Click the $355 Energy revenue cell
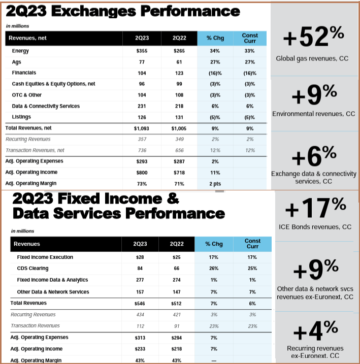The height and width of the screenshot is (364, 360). point(141,51)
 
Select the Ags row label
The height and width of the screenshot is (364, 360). point(17,62)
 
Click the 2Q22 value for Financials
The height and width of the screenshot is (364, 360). point(179,73)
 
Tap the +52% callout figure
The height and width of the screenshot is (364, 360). point(313,38)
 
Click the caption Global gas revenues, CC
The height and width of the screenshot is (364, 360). point(313,58)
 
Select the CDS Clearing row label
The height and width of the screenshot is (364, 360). point(33,269)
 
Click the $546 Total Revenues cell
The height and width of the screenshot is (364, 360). point(140,303)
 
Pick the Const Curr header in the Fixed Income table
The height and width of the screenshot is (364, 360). point(252,244)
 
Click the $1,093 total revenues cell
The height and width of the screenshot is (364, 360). point(141,128)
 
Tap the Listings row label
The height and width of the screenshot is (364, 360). point(21,117)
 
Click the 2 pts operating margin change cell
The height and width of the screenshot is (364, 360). point(214,183)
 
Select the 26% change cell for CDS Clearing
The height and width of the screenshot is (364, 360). point(214,269)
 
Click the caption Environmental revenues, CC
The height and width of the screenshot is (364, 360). point(313,114)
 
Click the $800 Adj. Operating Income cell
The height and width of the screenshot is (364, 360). point(141,172)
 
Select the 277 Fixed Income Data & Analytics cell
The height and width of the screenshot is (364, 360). point(140,280)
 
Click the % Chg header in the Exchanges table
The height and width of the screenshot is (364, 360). point(214,38)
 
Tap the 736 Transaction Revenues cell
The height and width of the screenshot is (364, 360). point(141,150)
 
